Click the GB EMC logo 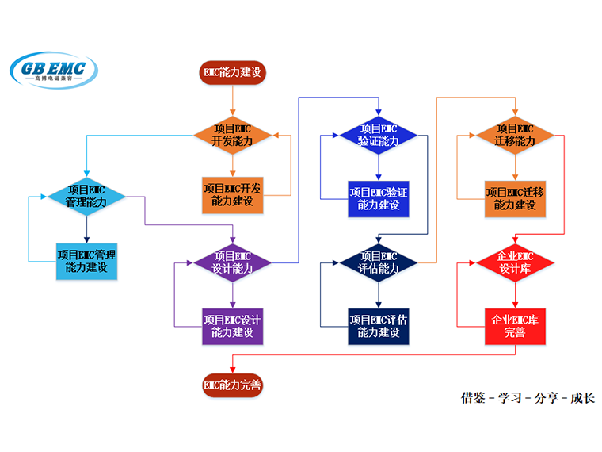point(54,71)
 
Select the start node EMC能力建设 point(232,73)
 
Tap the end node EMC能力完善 point(232,385)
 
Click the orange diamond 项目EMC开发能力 point(232,135)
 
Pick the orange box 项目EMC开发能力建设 point(232,195)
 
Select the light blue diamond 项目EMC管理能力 point(86,196)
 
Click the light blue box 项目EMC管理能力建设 point(86,261)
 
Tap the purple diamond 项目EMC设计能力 point(232,262)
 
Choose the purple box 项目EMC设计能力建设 point(232,325)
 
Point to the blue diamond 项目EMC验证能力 point(379,135)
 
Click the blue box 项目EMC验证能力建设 point(379,198)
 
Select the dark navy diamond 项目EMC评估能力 point(379,262)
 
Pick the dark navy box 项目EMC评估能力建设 point(379,325)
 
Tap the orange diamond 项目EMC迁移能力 point(515,135)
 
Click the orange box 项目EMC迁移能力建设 point(515,198)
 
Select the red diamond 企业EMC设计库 point(515,262)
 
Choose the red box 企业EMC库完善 point(515,325)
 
